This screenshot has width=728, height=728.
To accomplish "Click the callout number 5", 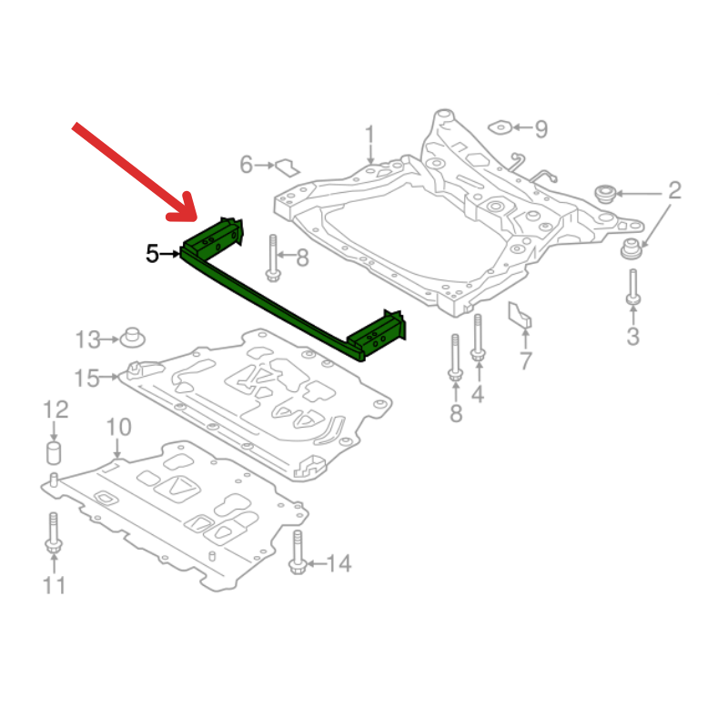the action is (152, 254).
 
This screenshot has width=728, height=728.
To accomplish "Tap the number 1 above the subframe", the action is (369, 135).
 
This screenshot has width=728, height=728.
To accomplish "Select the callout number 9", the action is (541, 128).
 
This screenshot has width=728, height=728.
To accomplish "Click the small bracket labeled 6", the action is (288, 167).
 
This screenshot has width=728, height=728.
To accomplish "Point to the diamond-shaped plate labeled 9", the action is (500, 126).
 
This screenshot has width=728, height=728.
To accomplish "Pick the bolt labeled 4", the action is (478, 338).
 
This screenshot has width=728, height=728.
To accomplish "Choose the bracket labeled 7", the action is (520, 315).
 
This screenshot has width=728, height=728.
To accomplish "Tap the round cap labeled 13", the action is (132, 338).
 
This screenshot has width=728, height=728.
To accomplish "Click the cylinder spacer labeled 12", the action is (54, 453).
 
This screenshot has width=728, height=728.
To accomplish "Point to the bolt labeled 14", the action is (298, 552).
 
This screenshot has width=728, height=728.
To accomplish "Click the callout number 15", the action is (86, 378).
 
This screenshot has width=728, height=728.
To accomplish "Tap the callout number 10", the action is (119, 427).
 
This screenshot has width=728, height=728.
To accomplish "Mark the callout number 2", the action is (674, 190).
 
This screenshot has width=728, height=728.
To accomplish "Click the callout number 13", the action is (87, 339).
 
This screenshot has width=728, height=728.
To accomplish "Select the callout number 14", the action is (339, 563).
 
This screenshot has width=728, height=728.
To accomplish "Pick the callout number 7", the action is (525, 360).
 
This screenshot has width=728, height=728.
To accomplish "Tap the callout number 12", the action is (56, 409).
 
